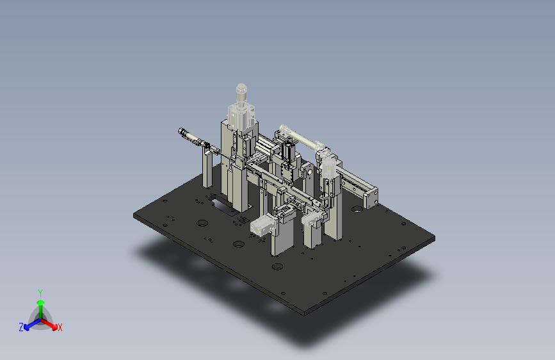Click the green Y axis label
coord(40,293)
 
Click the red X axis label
coord(60,327)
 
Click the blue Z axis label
coord(21,327)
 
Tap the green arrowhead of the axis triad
coord(41,302)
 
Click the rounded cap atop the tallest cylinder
coord(241,88)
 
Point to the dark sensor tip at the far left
coord(182,131)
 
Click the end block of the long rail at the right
coord(371,199)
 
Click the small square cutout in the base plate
coord(243,220)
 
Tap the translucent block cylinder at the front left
coord(262,226)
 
